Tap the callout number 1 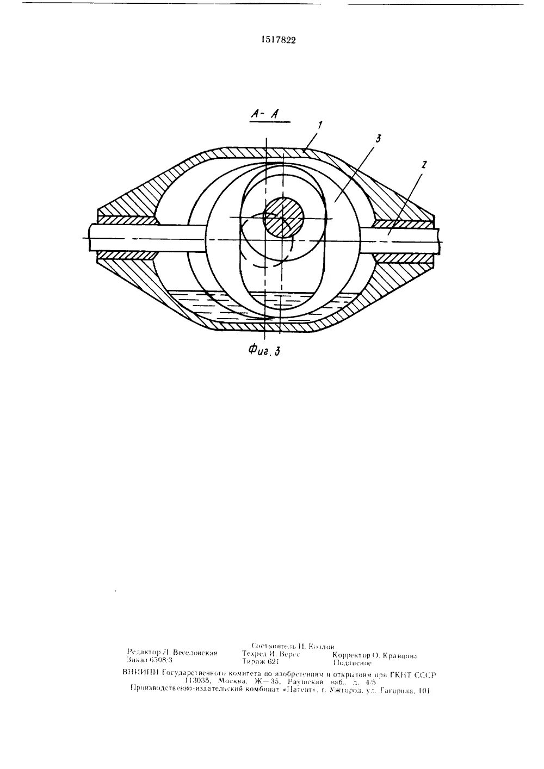[x=321, y=126]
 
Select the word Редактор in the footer [x=144, y=652]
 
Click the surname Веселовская [x=195, y=652]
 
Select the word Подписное [x=352, y=663]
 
